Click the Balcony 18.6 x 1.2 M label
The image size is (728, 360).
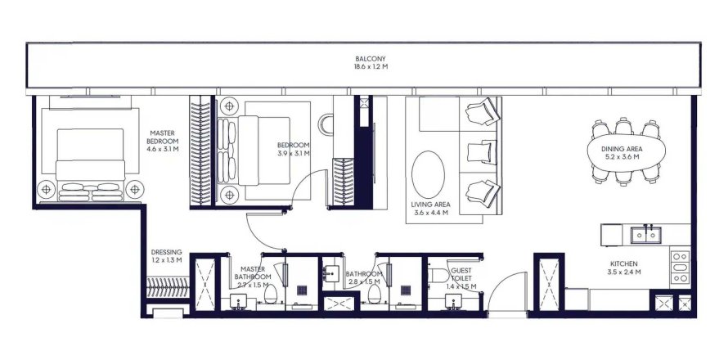[371, 63]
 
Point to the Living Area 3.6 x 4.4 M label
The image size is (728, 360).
[430, 209]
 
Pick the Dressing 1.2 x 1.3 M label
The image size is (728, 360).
[166, 256]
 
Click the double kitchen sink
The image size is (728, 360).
[645, 235]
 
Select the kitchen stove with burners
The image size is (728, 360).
[681, 267]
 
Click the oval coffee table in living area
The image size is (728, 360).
[428, 174]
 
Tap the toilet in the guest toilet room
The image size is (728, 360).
[438, 275]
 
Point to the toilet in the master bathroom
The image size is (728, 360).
[270, 294]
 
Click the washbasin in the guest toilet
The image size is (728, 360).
[453, 301]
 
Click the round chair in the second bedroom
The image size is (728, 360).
[326, 124]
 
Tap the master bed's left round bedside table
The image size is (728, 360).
[46, 189]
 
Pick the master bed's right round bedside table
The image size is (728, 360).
[135, 189]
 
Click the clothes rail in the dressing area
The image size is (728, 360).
[168, 287]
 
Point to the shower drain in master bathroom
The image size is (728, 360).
[303, 290]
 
